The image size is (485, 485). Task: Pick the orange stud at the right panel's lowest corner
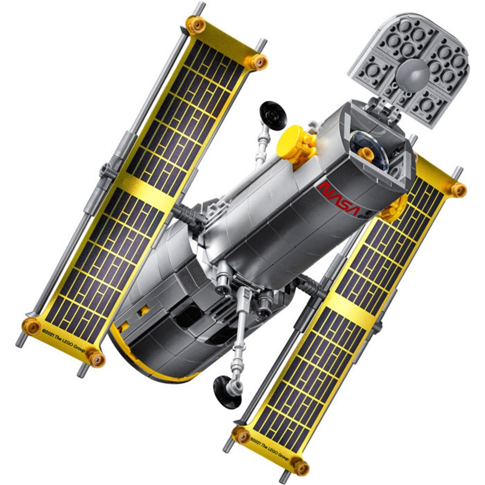(x=300, y=467)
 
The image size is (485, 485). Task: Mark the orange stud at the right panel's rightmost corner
(x=458, y=190)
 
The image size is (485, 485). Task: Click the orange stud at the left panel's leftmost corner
(x=31, y=326)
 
